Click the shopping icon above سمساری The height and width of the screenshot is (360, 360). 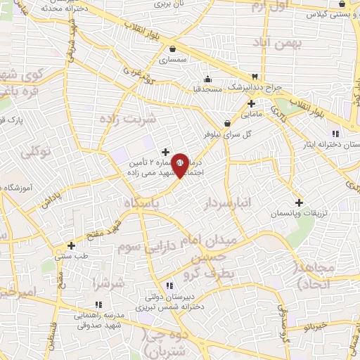(172, 49)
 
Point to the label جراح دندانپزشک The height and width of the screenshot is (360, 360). (277, 87)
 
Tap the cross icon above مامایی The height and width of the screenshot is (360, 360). (251, 103)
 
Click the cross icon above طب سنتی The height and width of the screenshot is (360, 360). (71, 245)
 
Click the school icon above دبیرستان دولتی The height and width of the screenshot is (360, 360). (169, 285)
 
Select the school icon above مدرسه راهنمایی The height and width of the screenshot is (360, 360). (98, 304)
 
